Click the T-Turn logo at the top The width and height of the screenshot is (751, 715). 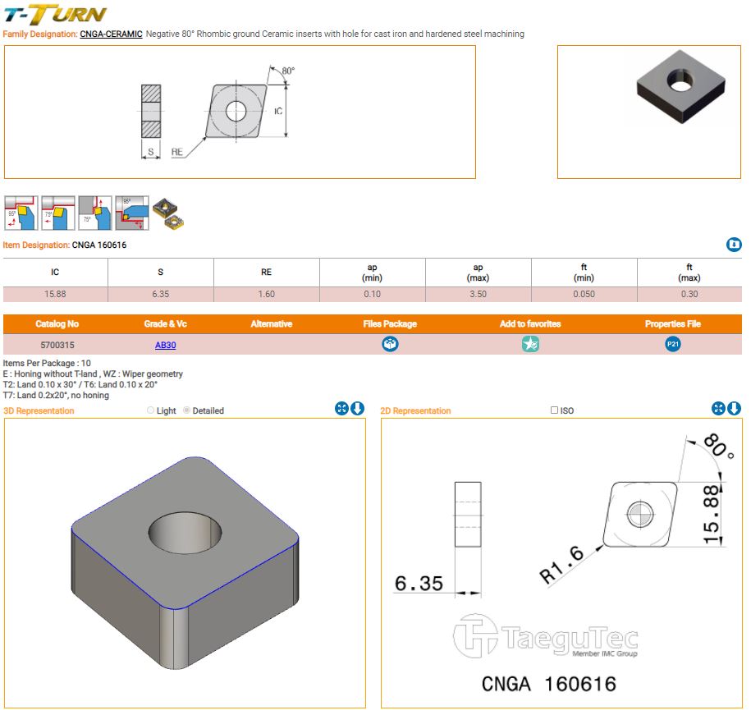click(55, 14)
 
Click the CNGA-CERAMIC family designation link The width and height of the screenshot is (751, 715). click(111, 34)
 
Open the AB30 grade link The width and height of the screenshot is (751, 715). click(165, 346)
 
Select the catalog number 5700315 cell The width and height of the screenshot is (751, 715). click(57, 346)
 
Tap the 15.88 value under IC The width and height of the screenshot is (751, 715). click(55, 294)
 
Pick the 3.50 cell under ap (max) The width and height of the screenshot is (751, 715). click(478, 294)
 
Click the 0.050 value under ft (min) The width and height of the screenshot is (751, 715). click(584, 294)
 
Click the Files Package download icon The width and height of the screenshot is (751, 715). click(390, 345)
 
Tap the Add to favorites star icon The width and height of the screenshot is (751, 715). click(530, 345)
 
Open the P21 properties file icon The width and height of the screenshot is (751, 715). click(673, 345)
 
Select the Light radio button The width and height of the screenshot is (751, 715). click(150, 410)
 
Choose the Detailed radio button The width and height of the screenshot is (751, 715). click(187, 410)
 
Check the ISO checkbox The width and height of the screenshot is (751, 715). click(555, 410)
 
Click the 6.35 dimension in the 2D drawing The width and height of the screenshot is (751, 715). click(419, 584)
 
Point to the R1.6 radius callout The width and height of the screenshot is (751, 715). click(563, 565)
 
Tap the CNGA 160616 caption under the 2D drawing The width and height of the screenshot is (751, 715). click(548, 684)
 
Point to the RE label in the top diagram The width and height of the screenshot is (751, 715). click(176, 152)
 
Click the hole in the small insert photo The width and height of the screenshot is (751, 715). click(680, 80)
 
